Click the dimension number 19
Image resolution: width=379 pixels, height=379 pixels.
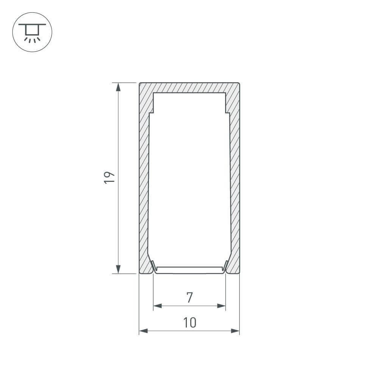coord(109,177)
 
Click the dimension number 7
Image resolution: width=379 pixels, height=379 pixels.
coord(189,298)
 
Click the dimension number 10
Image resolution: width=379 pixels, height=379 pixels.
coord(189,323)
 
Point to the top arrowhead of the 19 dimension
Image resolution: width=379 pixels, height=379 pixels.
coord(118,87)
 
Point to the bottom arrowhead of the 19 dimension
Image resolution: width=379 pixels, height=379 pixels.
coord(118,268)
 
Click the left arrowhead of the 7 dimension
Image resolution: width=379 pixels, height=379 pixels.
coord(157,306)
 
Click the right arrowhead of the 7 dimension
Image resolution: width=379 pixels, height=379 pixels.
coord(222,306)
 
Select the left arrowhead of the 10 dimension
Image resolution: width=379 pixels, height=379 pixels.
coord(143,331)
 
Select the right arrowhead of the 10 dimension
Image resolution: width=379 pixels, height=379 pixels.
coord(235,331)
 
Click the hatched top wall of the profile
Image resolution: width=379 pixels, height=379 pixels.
coord(189,88)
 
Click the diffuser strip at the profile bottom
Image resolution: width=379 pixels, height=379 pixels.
coord(189,269)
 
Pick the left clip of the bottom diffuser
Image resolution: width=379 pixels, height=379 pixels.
coord(153,266)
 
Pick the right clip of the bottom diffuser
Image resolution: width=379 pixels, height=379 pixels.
coord(226,266)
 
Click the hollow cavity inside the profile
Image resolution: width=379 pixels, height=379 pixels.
coord(189,178)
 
